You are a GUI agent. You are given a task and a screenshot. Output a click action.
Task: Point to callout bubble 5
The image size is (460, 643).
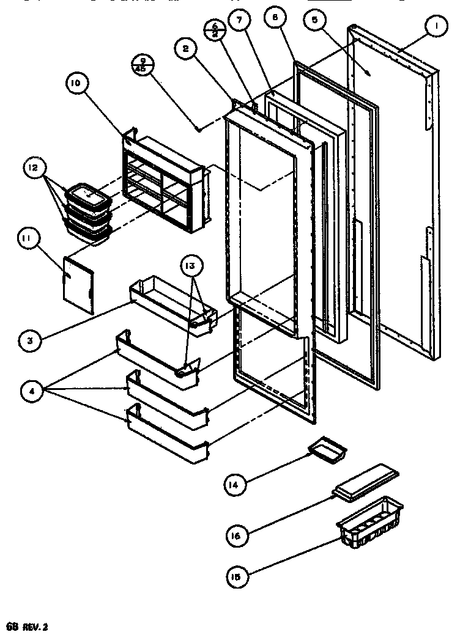pos(315,22)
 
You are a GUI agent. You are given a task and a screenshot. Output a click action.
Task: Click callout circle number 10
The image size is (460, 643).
pos(80,86)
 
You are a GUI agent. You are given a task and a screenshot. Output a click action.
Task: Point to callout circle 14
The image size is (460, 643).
pos(234,486)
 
